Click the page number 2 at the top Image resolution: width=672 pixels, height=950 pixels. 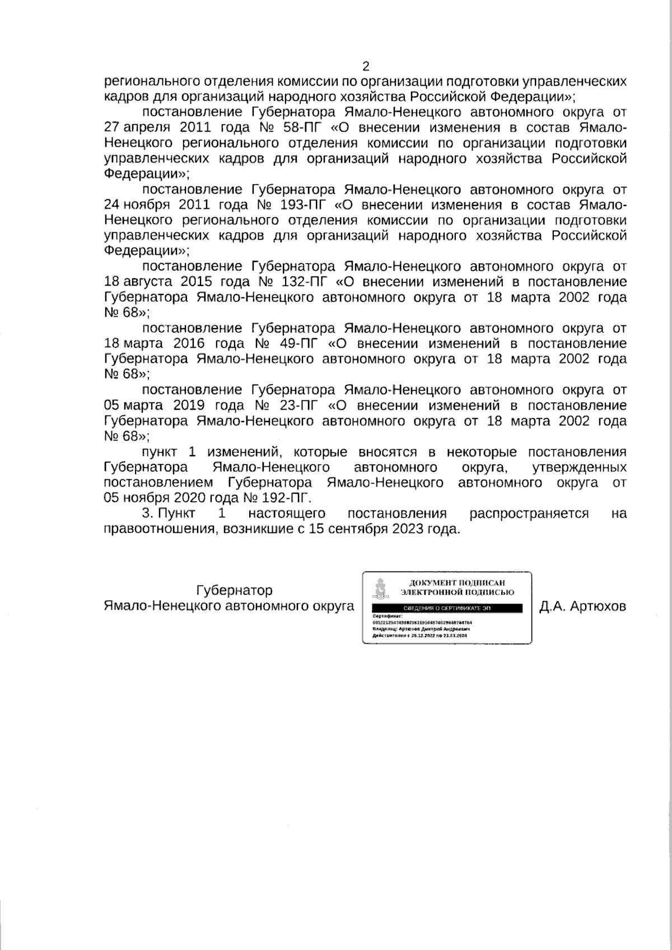(366, 67)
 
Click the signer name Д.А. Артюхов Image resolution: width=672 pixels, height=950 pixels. (582, 606)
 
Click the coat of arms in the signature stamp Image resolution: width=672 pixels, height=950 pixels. (381, 588)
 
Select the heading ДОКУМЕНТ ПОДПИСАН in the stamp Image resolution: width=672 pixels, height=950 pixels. (457, 583)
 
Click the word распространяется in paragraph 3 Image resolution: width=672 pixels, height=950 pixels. (529, 513)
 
